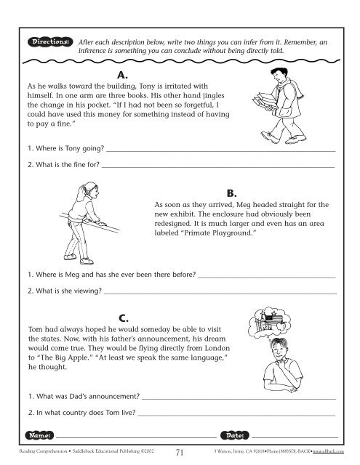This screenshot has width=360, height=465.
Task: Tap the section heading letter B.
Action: point(232,193)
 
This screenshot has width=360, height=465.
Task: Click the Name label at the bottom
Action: point(38,434)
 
